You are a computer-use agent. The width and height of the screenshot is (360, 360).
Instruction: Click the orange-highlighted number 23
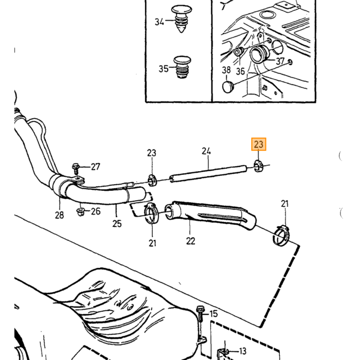[259, 144]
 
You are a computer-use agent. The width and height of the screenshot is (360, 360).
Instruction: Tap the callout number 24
[206, 151]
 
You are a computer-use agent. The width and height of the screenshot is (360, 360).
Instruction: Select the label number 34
[159, 22]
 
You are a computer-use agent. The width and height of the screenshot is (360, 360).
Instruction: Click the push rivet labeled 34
[182, 19]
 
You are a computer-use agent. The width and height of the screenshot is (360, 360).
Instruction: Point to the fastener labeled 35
[182, 67]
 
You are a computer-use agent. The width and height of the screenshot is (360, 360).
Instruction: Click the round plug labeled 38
[228, 87]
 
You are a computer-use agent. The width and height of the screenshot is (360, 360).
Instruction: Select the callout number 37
[280, 61]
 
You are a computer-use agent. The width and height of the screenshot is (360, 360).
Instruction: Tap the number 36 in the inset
[240, 71]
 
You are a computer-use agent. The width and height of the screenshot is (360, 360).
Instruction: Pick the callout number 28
[60, 215]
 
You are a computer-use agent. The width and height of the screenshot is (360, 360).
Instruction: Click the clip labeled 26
[80, 212]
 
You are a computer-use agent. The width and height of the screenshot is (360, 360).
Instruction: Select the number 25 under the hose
[117, 223]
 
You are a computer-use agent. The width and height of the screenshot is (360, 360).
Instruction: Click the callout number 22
[191, 241]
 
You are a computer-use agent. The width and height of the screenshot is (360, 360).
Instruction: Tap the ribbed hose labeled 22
[210, 214]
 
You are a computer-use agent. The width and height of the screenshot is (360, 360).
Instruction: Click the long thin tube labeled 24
[208, 173]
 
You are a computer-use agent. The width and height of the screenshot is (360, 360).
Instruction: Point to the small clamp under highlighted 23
[259, 166]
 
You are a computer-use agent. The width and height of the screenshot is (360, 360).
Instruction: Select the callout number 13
[242, 351]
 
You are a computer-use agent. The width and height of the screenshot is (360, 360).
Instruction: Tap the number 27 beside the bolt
[96, 167]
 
